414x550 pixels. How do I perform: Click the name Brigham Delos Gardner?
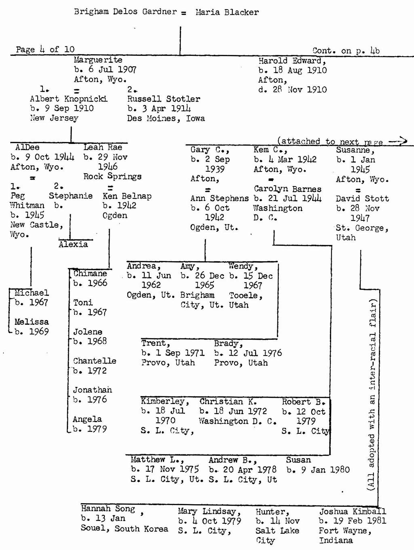click(125, 12)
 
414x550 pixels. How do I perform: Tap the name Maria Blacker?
click(227, 12)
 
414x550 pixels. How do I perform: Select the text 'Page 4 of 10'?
click(45, 49)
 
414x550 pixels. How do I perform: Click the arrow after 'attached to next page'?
click(398, 141)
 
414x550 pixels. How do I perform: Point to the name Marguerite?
click(98, 60)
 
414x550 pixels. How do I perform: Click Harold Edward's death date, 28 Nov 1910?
click(292, 90)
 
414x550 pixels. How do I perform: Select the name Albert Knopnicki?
click(69, 99)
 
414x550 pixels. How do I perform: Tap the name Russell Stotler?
click(164, 99)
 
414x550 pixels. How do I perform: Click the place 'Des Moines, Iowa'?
click(166, 118)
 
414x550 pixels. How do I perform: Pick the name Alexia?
click(73, 244)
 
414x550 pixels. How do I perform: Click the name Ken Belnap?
click(127, 196)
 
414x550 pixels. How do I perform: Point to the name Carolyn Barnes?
click(287, 189)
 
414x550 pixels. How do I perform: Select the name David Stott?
click(362, 199)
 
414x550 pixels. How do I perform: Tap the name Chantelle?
click(95, 361)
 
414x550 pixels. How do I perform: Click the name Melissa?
click(32, 322)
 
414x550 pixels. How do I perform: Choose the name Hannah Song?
click(108, 509)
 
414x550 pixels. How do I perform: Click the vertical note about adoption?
click(371, 396)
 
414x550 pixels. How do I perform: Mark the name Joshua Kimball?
click(352, 511)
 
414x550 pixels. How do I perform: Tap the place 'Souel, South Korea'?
click(124, 528)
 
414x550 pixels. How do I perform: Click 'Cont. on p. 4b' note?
click(346, 50)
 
